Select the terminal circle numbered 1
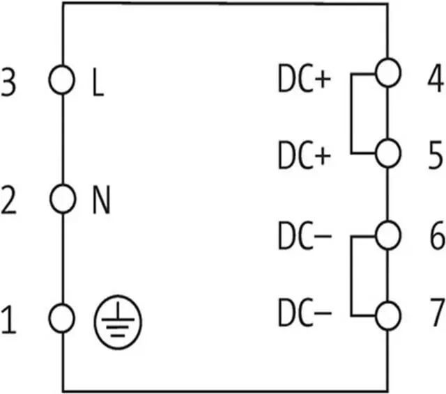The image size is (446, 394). [62, 318]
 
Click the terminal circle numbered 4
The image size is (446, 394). [387, 71]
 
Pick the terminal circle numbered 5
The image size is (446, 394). [387, 152]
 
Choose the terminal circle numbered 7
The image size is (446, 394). [387, 317]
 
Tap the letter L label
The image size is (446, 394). [98, 84]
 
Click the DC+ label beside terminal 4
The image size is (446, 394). [303, 82]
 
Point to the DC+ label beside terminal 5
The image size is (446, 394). [303, 157]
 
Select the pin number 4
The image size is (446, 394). [435, 80]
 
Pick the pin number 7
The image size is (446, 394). [435, 315]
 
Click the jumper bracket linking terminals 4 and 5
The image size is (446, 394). [352, 111]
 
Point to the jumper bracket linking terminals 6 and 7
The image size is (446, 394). [352, 276]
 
